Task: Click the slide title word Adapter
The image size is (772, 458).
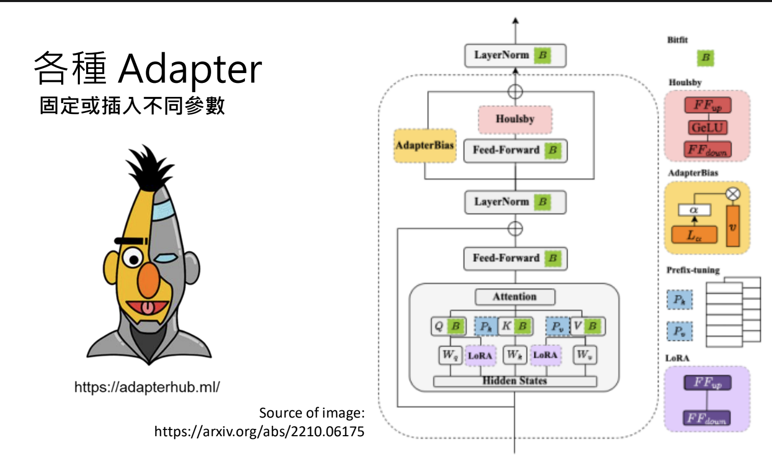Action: coord(190,69)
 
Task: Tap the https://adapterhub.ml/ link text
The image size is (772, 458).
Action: coord(147,387)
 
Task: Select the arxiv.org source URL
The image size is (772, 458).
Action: coord(259,431)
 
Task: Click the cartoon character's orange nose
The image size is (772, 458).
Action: coord(149,280)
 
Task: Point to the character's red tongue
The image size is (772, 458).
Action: coord(148,308)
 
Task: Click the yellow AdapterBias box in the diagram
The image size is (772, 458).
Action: coord(425,146)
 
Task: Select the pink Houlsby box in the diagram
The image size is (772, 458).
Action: coord(515,119)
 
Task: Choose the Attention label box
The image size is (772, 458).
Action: coord(515,297)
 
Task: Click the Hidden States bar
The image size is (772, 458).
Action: coord(515,381)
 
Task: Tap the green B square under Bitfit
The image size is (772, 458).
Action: coord(705,58)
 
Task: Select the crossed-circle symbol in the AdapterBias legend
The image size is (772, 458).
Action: coord(733,194)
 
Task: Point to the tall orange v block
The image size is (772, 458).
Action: coord(733,226)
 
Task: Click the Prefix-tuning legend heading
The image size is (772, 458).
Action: coord(693,270)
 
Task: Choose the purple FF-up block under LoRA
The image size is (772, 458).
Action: coord(707,383)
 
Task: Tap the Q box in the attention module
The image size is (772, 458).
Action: coord(439,326)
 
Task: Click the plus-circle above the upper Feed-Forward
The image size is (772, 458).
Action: coord(515,92)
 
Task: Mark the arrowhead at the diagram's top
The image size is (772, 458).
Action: coord(515,21)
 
